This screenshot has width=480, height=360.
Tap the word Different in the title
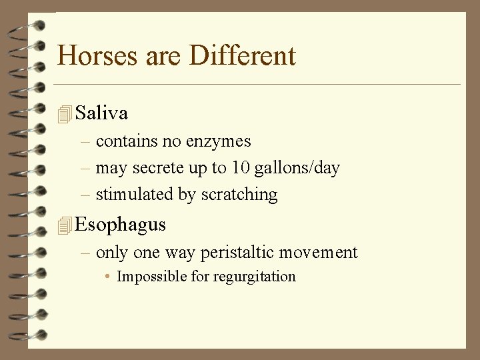coord(242,55)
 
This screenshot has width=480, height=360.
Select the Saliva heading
coord(101,113)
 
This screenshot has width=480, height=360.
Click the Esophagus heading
coord(120,225)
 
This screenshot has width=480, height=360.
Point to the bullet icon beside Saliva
coord(64,115)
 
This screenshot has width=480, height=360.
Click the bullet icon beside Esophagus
coord(64,226)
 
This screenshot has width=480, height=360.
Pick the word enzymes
coord(219,141)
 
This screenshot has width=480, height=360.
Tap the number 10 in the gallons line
coord(240,168)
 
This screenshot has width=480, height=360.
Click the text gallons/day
coord(296,168)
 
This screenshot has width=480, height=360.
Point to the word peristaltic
coord(237,253)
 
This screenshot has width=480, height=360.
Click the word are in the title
coord(158,55)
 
